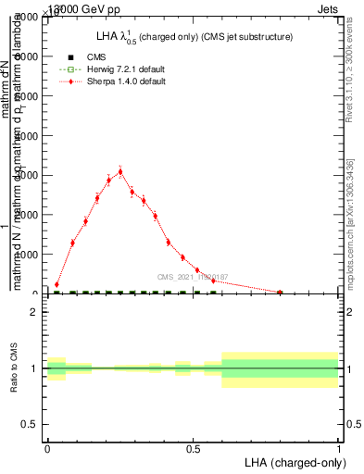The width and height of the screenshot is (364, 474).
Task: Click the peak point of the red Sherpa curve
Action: click(x=120, y=171)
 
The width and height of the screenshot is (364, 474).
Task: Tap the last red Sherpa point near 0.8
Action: click(x=280, y=292)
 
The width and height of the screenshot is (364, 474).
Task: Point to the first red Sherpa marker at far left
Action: click(x=57, y=285)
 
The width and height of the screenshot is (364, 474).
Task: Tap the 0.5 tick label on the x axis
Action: click(x=193, y=447)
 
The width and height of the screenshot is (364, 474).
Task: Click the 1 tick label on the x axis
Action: click(x=339, y=447)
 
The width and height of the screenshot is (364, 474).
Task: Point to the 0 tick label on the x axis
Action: click(x=47, y=447)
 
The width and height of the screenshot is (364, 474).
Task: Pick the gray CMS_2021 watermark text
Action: click(x=192, y=277)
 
